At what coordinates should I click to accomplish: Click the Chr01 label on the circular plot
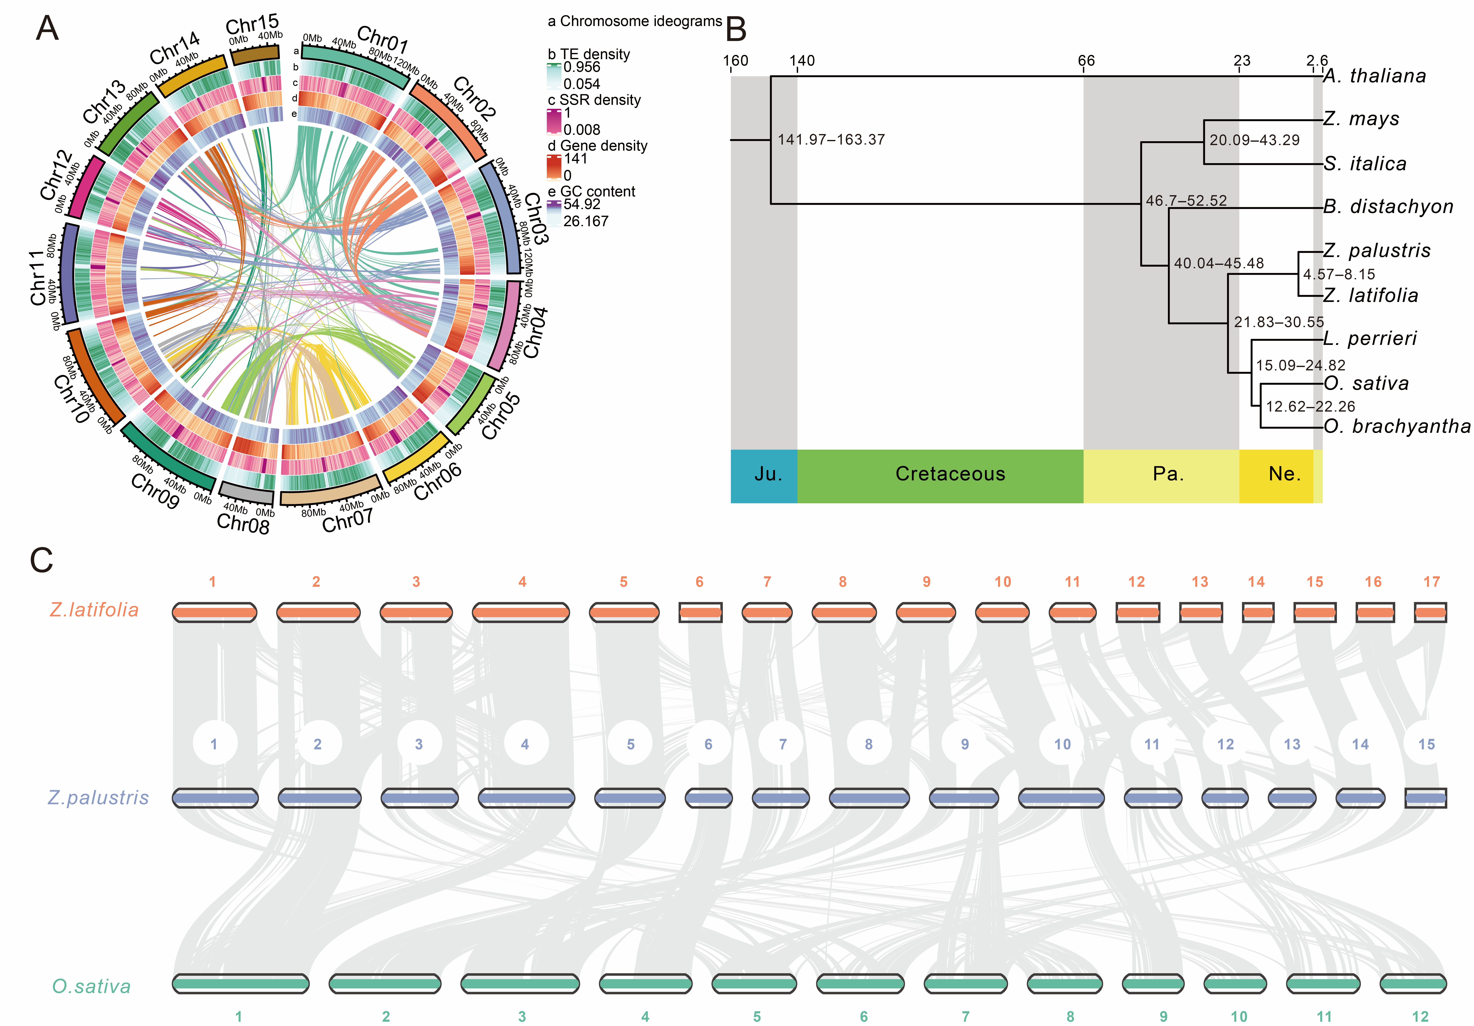pos(383,40)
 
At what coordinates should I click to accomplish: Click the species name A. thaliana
pos(1375,76)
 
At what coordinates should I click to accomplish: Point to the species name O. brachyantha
pos(1396,426)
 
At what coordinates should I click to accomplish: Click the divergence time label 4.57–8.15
pos(1339,274)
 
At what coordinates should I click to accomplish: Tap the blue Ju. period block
pos(764,475)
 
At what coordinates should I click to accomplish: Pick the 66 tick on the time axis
pos(1086,61)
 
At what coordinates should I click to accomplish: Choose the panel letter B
pos(736,29)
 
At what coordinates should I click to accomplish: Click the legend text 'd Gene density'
pos(597,146)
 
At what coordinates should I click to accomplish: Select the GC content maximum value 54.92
pos(582,204)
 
